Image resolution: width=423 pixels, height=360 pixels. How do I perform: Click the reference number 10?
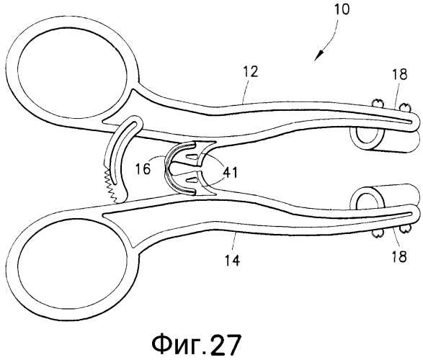342,9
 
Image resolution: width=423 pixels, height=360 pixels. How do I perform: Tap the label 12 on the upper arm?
250,71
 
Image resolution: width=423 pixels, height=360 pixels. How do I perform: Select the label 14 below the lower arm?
232,260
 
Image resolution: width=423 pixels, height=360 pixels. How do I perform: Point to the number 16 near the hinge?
143,169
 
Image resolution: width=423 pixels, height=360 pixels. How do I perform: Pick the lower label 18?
399,256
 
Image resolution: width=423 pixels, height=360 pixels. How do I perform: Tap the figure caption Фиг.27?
197,345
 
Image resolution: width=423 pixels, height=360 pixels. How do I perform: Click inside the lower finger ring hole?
72,271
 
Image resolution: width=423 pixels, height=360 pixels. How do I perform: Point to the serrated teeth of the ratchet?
112,186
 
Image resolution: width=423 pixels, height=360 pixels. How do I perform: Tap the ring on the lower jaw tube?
367,199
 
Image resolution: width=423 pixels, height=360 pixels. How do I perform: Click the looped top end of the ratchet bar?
133,123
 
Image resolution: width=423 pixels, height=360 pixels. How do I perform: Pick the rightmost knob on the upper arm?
404,108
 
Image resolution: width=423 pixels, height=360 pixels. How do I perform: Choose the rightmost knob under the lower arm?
404,229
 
